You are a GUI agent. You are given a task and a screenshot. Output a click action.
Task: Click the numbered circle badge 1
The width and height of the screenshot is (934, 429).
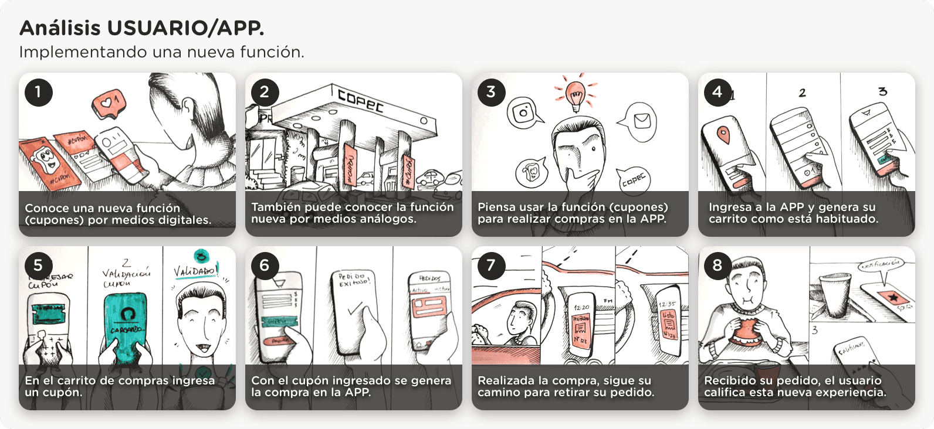[39, 93]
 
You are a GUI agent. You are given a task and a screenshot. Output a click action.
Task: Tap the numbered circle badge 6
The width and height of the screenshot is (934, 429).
[265, 266]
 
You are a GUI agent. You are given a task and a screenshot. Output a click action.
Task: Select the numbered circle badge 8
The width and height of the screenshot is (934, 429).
[717, 266]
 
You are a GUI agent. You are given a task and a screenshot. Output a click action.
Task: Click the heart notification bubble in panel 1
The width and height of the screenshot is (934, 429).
[108, 104]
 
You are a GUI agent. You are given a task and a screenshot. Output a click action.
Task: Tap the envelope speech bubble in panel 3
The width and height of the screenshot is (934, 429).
[641, 121]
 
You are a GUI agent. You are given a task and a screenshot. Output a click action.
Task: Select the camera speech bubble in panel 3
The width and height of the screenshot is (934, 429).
[523, 113]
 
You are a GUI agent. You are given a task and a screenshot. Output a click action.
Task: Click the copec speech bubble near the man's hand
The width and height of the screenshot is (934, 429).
[634, 179]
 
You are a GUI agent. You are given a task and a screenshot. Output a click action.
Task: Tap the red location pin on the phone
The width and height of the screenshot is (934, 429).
[724, 135]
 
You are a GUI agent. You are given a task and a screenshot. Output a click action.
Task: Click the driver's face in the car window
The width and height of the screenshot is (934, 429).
[517, 319]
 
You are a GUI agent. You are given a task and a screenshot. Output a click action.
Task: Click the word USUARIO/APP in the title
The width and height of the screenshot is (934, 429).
[186, 28]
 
